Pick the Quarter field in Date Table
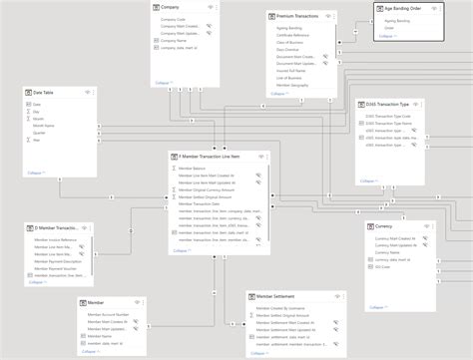click(39, 132)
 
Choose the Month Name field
click(44, 125)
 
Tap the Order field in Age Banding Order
click(388, 29)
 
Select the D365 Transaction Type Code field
click(393, 116)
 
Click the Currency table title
click(388, 226)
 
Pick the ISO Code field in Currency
click(384, 266)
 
